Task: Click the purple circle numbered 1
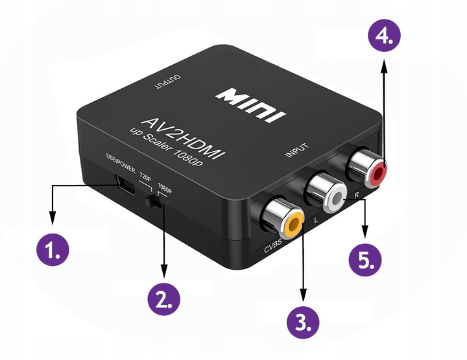(x=53, y=248)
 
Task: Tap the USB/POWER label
(x=119, y=163)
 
